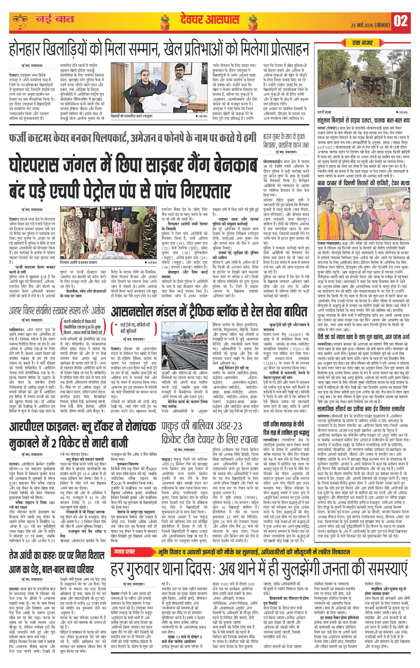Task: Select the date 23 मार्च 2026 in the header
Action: tap(371, 25)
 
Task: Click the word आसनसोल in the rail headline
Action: tap(131, 312)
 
